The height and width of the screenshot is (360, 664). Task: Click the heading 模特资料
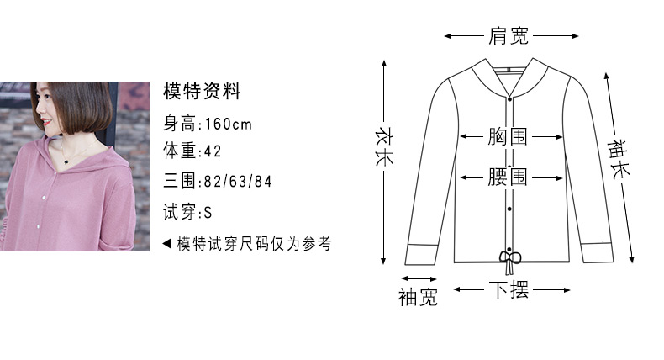[x=202, y=91]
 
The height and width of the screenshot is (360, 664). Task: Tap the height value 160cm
[x=229, y=124]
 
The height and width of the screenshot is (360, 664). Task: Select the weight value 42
[x=213, y=151]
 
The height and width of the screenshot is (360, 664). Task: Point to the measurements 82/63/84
[x=238, y=182]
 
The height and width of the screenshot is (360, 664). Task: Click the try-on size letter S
[x=208, y=213]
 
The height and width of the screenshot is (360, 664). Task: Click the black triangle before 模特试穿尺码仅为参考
[x=167, y=243]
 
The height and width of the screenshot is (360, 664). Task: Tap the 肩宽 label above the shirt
[x=509, y=35]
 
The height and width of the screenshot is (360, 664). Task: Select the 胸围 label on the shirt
[x=508, y=136]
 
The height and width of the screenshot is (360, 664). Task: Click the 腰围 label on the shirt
[x=508, y=177]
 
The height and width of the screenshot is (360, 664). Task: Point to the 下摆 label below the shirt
[x=509, y=290]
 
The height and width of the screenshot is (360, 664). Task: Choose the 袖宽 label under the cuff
[x=418, y=297]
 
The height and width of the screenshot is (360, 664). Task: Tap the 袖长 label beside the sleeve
[x=619, y=159]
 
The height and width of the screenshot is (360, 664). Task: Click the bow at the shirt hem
[x=509, y=260]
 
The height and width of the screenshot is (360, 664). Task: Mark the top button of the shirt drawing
[x=510, y=99]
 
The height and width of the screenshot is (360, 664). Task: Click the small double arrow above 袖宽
[x=419, y=278]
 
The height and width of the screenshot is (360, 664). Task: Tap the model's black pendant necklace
[x=66, y=161]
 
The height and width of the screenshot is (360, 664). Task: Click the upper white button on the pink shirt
[x=44, y=198]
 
